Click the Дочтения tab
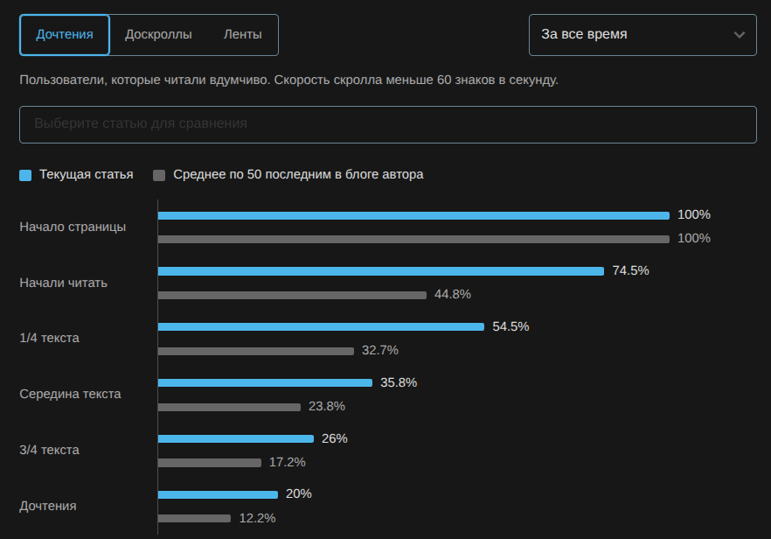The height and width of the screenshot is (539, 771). [65, 35]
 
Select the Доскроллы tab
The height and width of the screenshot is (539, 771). [158, 35]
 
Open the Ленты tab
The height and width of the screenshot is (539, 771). [242, 35]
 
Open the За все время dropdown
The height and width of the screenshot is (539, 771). [642, 35]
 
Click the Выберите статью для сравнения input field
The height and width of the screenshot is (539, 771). [387, 124]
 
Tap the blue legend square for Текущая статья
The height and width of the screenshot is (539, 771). [25, 175]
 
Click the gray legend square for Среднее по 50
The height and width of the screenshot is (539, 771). [159, 175]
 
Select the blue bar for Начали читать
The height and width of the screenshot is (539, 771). [380, 271]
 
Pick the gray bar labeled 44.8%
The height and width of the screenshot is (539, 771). [292, 295]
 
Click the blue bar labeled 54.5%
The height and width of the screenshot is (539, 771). [320, 327]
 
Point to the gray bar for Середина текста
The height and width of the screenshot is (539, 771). [229, 407]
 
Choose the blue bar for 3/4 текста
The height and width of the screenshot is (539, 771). [235, 439]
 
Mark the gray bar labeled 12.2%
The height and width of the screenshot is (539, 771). [194, 518]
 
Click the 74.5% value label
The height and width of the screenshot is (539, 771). [630, 271]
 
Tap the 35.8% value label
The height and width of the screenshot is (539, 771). [399, 382]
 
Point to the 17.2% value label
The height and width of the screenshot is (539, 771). [288, 462]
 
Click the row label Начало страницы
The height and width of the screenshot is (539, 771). [73, 227]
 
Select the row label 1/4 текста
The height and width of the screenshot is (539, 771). [50, 338]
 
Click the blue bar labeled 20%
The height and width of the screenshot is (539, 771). [218, 494]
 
